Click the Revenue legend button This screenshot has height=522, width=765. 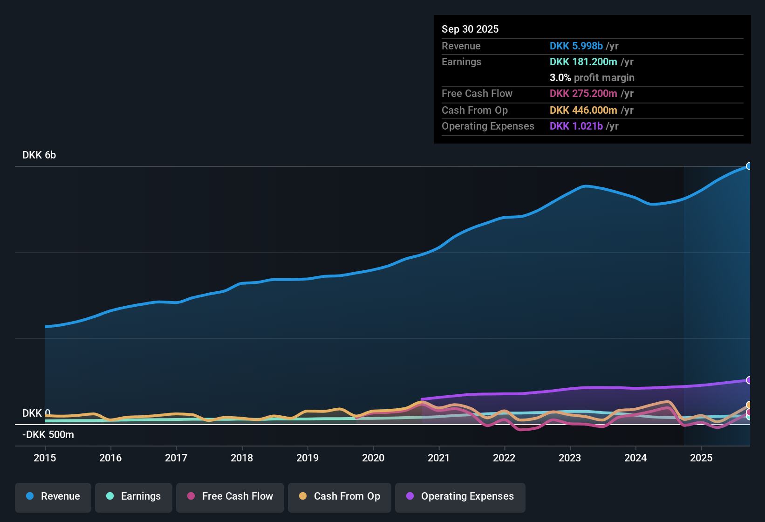[x=53, y=496]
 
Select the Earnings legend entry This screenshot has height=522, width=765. [x=134, y=496]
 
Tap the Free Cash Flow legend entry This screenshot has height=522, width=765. [x=230, y=496]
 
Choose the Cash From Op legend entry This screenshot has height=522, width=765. [x=340, y=496]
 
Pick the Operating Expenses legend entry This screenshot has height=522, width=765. [x=460, y=496]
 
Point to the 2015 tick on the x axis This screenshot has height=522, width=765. [x=45, y=458]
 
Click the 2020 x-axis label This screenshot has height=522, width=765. [x=373, y=458]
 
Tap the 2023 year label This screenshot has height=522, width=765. [x=570, y=458]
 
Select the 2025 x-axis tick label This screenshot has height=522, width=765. [x=701, y=458]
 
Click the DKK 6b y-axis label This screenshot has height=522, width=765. [x=39, y=155]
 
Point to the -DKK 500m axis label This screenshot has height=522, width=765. [x=48, y=435]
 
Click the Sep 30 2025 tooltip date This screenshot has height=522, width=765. [x=470, y=29]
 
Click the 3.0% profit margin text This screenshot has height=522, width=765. [x=592, y=77]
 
